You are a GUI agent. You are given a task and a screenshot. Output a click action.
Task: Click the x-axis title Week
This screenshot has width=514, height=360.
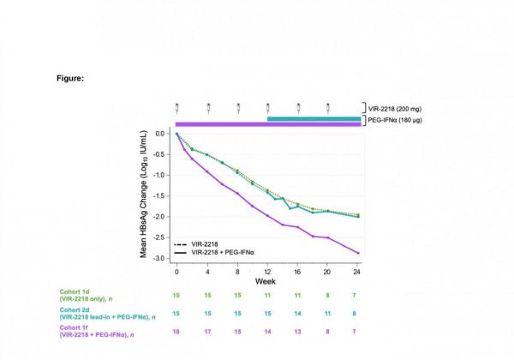[x=267, y=280]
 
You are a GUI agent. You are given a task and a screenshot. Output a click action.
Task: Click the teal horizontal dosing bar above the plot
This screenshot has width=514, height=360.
[x=314, y=119]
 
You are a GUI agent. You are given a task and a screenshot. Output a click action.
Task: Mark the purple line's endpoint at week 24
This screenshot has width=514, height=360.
[x=357, y=253]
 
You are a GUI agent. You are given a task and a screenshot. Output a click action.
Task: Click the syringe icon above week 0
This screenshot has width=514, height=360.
[x=176, y=108]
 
